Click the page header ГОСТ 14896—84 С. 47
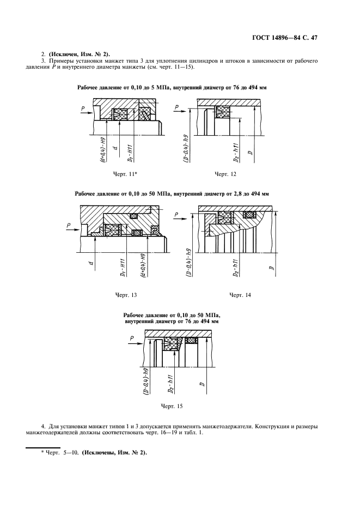(x=292, y=38)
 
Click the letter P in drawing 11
(x=82, y=109)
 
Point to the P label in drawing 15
(x=132, y=338)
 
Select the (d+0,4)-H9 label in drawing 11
(x=102, y=152)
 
